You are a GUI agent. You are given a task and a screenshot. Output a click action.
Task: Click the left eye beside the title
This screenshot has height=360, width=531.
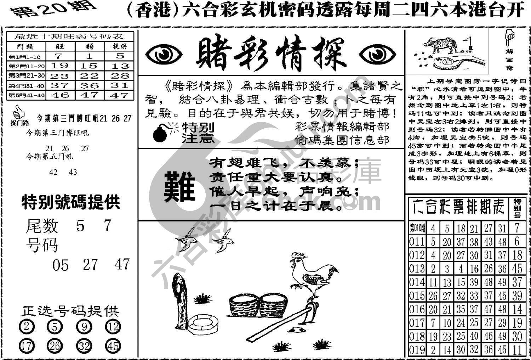tap(164, 55)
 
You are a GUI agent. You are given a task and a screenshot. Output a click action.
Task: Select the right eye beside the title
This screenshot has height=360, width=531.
tap(377, 55)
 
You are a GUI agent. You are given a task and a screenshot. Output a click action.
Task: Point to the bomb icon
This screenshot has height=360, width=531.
tap(161, 134)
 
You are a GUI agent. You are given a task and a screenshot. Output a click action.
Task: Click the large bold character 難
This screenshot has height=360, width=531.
tap(180, 187)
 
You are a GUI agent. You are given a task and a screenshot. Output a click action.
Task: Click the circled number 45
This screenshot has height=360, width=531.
tap(113, 346)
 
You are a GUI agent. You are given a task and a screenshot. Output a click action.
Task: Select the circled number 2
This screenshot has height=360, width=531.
tap(26, 326)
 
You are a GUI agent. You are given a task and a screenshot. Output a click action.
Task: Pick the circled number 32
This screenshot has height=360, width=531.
tap(84, 346)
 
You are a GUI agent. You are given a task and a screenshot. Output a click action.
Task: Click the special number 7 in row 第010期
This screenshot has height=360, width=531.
tap(517, 228)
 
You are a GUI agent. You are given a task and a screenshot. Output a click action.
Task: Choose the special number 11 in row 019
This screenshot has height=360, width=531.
tap(517, 350)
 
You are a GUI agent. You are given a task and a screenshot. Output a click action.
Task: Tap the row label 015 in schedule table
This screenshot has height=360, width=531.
tap(417, 296)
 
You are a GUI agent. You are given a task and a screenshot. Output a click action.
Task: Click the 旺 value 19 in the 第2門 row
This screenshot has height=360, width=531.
tap(59, 66)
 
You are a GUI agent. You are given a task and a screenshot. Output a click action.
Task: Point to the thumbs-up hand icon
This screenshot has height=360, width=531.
tap(19, 113)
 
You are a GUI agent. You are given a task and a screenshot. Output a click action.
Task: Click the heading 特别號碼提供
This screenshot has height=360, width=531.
tap(71, 202)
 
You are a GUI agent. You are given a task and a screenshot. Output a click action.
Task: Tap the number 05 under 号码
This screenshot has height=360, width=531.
tap(60, 265)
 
